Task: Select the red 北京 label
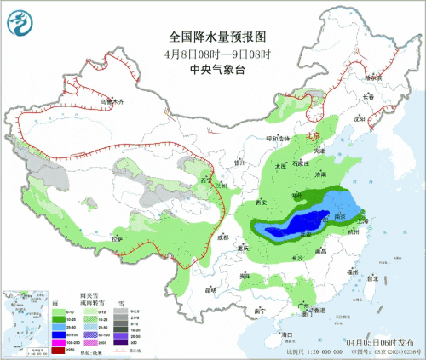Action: tap(314, 135)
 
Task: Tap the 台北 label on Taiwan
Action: tap(371, 278)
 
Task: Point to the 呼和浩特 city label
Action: tap(278, 138)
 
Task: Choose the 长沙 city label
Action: tap(297, 257)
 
